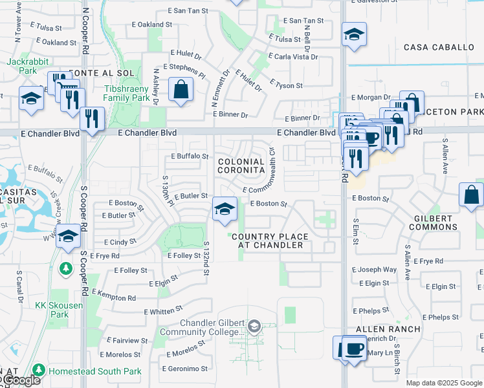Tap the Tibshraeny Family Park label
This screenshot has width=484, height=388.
click(x=128, y=93)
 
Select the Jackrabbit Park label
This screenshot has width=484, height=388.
click(x=23, y=65)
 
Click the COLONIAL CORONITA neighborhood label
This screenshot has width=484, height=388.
click(x=241, y=166)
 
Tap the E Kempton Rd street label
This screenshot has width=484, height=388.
click(x=113, y=296)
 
